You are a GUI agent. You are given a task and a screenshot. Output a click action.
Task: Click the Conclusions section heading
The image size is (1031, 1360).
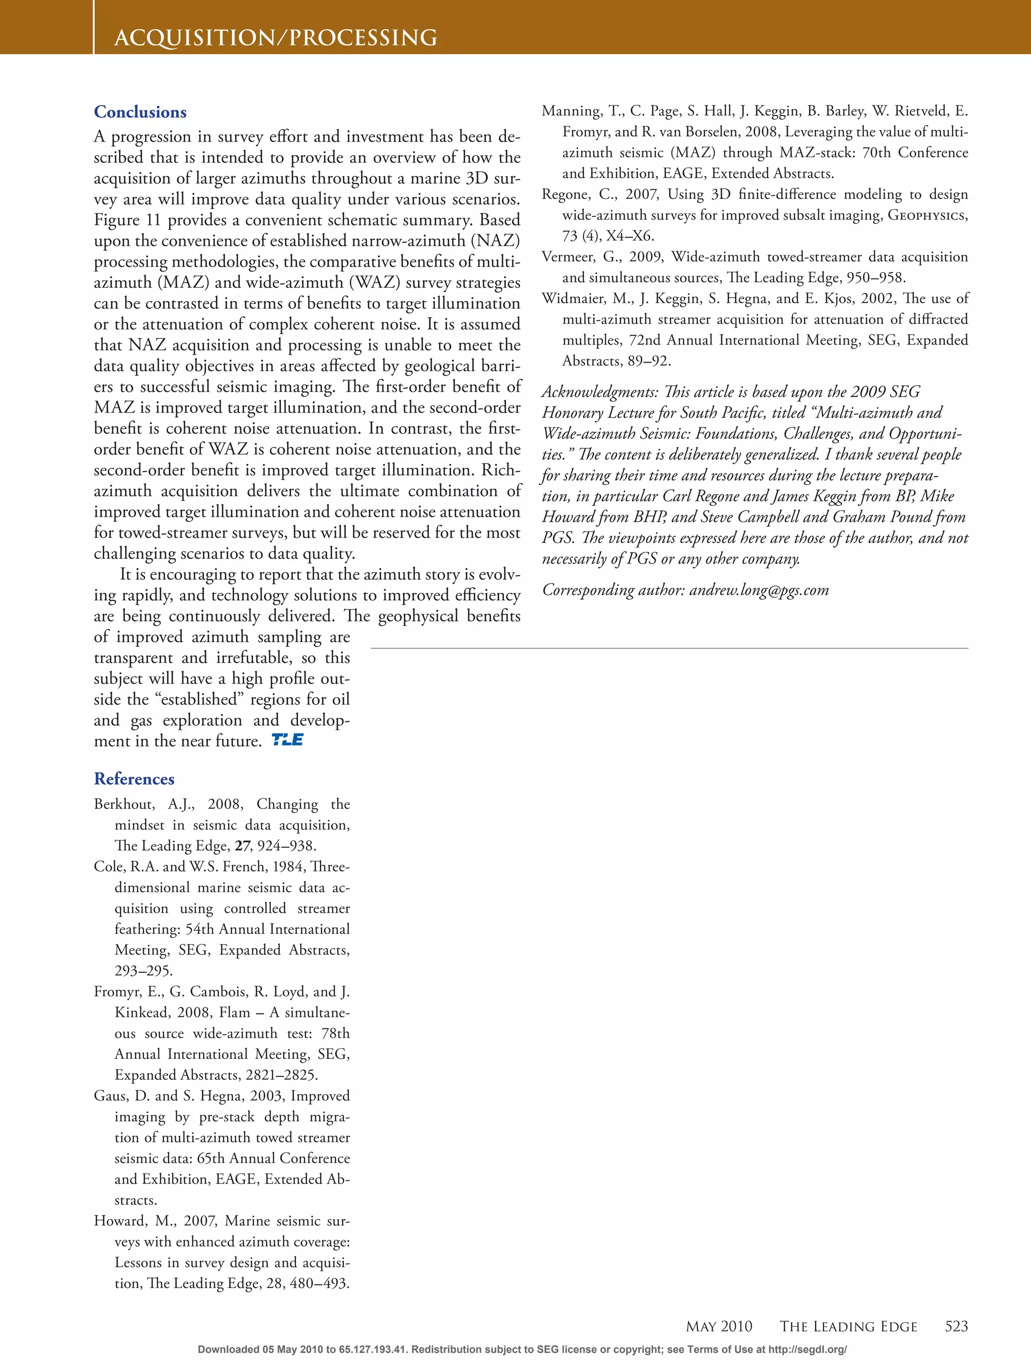(x=140, y=112)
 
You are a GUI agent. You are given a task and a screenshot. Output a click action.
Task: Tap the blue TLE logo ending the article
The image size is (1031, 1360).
(x=287, y=739)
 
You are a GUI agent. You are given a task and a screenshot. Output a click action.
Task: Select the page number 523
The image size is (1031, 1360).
(x=956, y=1326)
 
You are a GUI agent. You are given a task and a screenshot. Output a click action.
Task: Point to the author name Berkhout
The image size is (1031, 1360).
(x=123, y=804)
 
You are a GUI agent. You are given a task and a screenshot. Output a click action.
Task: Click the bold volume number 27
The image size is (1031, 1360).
(x=242, y=846)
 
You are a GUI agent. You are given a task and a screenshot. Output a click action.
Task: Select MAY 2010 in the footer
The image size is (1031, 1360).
(x=718, y=1327)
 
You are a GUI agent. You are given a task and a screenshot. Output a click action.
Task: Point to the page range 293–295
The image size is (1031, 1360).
(x=143, y=971)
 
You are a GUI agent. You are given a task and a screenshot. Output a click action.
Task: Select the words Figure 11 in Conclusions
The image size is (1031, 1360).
(x=126, y=220)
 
